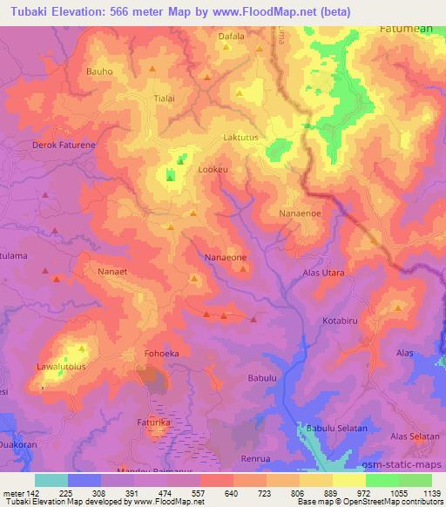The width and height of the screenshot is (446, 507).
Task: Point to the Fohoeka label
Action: coord(161,354)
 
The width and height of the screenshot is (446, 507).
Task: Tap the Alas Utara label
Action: coord(323,273)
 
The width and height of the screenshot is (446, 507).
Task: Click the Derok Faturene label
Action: coord(64,145)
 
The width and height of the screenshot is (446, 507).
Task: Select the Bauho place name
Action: coord(100,71)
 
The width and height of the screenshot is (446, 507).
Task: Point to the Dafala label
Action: coord(232,37)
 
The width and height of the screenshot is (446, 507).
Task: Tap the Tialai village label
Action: coord(164,98)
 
